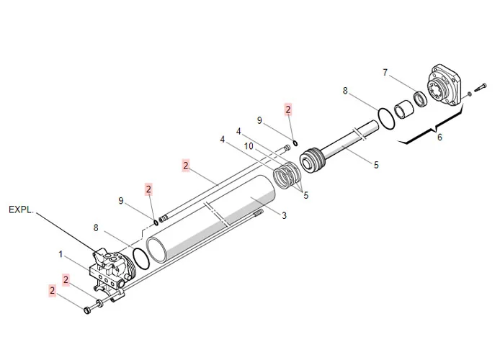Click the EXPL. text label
pos(22,210)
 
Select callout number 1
pos(61,253)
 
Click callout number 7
pos(385,72)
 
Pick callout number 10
pos(248,146)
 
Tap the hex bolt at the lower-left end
pos(90,310)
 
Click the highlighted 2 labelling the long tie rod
pos(186,166)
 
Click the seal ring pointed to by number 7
pos(419,96)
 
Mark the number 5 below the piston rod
pos(376,165)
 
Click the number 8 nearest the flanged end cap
pos(345,91)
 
